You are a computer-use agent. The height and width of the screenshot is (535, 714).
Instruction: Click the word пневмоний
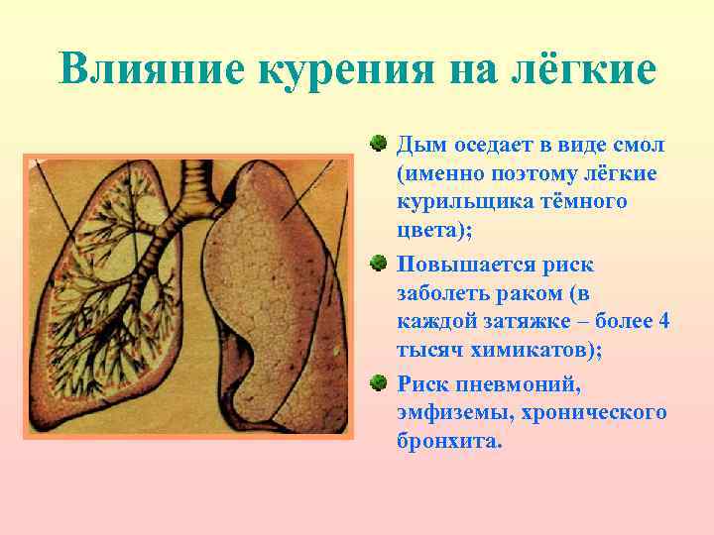500,383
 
